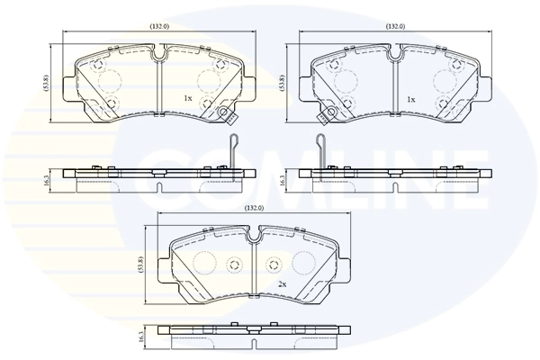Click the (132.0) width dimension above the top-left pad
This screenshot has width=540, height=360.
point(159,26)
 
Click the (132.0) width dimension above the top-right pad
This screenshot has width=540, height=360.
point(395,26)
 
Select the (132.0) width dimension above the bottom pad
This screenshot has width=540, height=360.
point(254,208)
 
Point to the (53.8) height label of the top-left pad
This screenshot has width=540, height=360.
point(47,84)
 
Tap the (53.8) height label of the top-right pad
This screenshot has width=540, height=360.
point(283,84)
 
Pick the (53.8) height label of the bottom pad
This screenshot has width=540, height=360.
point(140,265)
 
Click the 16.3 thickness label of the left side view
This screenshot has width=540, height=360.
point(47,180)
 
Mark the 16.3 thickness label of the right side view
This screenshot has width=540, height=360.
point(283,180)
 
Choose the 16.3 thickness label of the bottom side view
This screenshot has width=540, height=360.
point(140,336)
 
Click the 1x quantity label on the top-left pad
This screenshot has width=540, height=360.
point(188,98)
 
